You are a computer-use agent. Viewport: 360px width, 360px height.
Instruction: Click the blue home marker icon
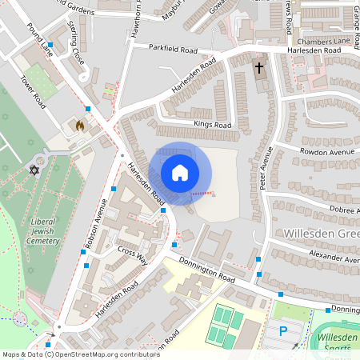click(180, 173)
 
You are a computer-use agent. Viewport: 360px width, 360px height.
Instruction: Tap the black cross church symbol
click(259, 67)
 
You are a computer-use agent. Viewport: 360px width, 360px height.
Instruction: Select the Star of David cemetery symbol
click(34, 170)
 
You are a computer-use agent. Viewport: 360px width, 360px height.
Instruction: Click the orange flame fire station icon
click(78, 126)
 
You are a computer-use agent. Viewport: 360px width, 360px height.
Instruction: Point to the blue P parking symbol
click(282, 331)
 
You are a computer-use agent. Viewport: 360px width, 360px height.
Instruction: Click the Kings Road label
click(212, 125)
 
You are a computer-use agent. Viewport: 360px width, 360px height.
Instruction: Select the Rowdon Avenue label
click(326, 151)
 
